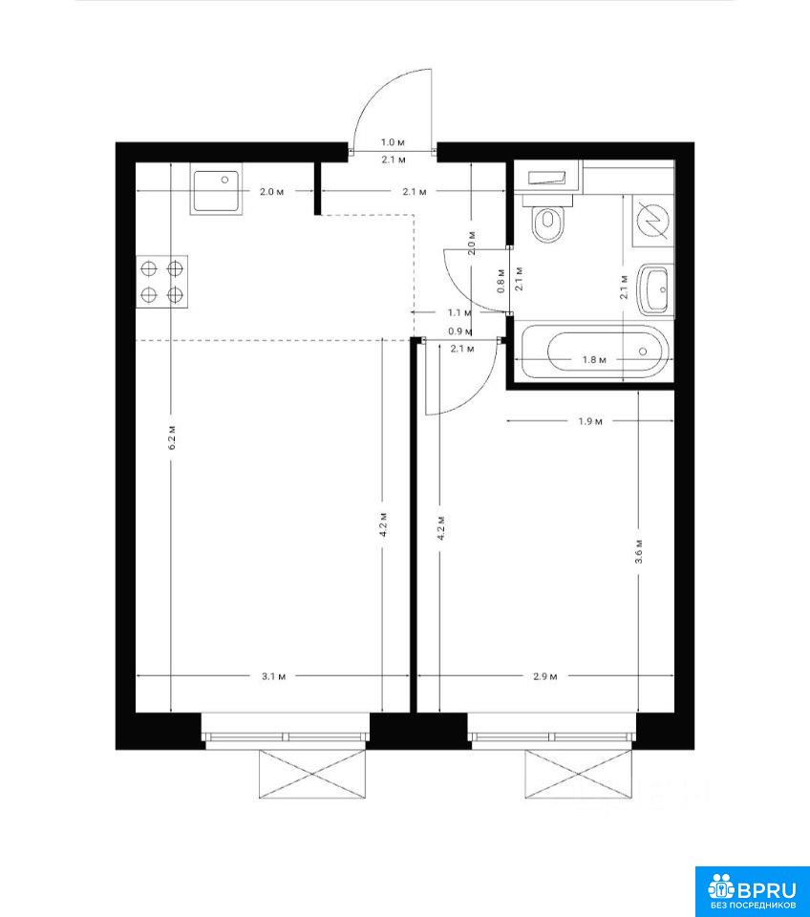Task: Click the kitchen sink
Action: [216, 191]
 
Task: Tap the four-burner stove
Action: [162, 281]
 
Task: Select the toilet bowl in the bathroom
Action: [548, 220]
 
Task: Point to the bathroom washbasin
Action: [654, 289]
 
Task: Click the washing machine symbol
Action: [653, 221]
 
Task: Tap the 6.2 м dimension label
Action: [172, 437]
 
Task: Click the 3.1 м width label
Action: [274, 676]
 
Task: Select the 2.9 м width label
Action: [545, 676]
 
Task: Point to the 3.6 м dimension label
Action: [639, 551]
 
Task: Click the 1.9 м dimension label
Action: [590, 421]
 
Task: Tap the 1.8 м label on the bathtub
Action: [593, 360]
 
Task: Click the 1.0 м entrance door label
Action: [393, 142]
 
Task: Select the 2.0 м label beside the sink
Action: [272, 191]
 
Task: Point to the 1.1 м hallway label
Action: [459, 313]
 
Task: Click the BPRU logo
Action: [752, 891]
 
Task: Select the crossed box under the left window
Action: [313, 774]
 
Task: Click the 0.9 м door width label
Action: [459, 331]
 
